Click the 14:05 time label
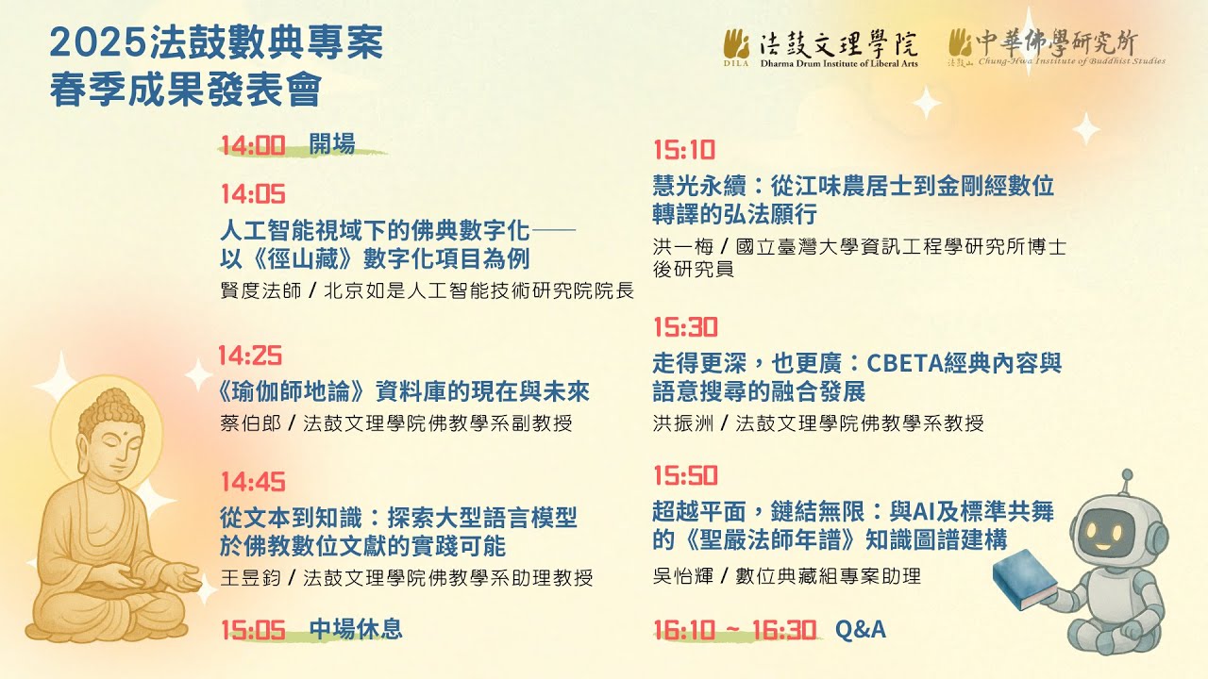(253, 194)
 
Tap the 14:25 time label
(250, 356)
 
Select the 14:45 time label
(253, 482)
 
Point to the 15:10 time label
(684, 150)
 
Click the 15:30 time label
(685, 327)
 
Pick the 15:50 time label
(685, 475)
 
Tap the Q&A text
(861, 629)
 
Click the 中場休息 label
(356, 629)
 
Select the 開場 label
(332, 144)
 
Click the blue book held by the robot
(1025, 579)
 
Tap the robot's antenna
(1126, 482)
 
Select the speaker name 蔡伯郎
(251, 423)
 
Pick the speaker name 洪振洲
(683, 423)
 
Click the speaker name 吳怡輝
(683, 576)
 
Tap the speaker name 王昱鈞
(251, 578)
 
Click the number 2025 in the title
(98, 43)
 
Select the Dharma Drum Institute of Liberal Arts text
(839, 63)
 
